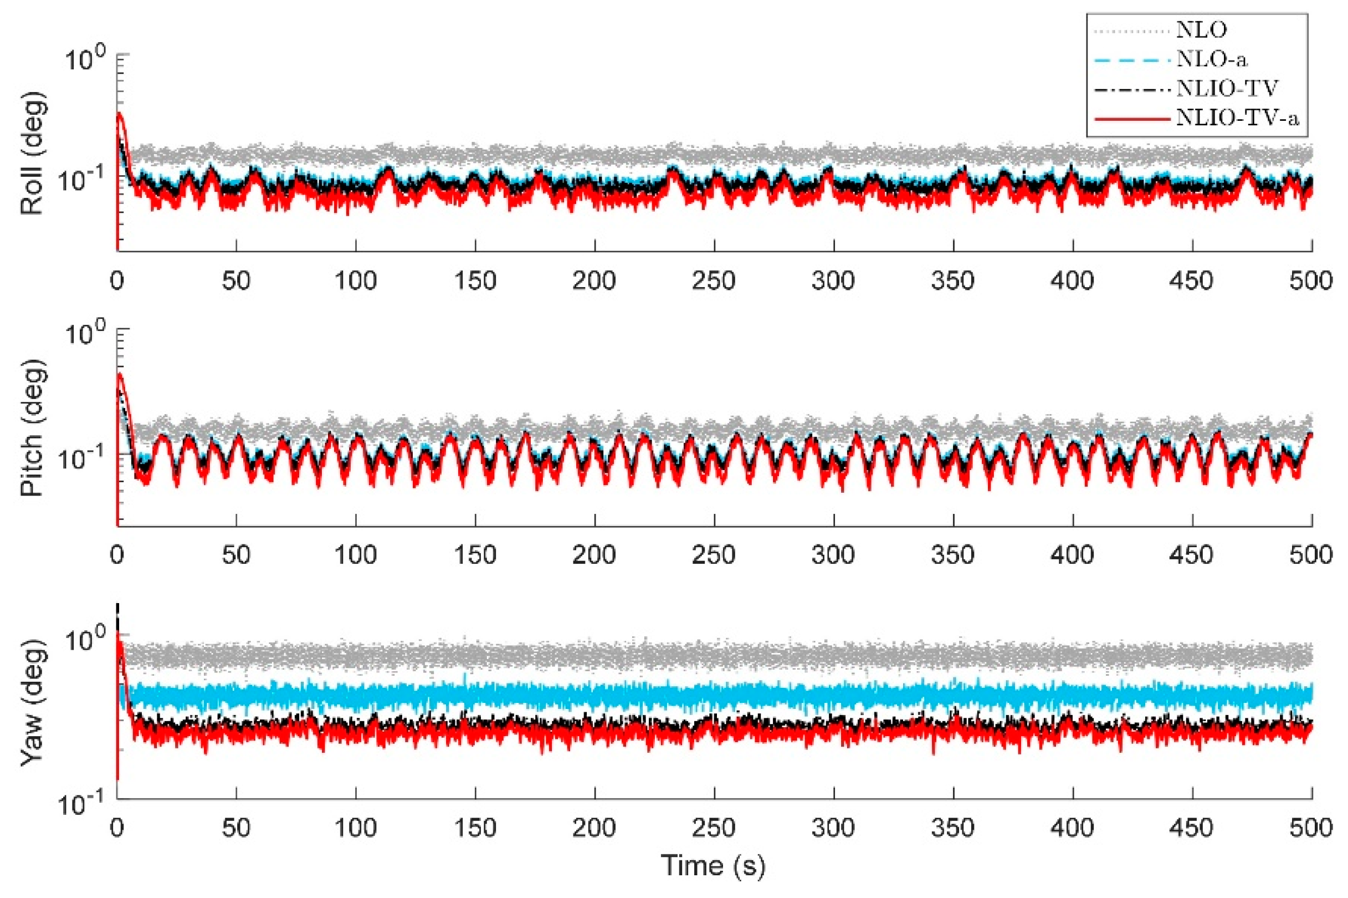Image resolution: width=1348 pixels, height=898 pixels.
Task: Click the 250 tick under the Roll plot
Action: (x=713, y=280)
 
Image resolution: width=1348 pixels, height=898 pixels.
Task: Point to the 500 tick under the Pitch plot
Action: (x=1311, y=554)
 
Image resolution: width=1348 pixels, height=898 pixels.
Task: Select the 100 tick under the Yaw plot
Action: (x=356, y=828)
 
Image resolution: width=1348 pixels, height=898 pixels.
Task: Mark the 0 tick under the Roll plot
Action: (x=117, y=280)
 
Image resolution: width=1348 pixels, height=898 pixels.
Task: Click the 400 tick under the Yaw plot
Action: (x=1072, y=828)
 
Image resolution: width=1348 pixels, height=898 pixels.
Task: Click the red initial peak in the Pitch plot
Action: (x=120, y=375)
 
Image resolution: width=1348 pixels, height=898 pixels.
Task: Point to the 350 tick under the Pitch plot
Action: (x=952, y=554)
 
